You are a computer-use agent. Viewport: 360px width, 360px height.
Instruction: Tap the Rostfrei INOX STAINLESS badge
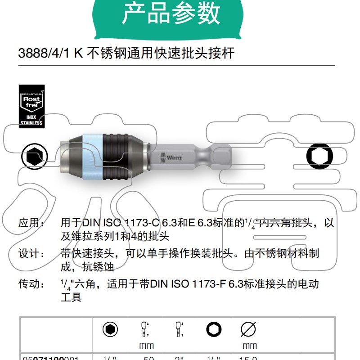pyautogui.click(x=31, y=106)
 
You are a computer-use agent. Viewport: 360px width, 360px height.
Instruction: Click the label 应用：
pyautogui.click(x=31, y=223)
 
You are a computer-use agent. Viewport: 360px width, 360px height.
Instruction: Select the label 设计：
pyautogui.click(x=31, y=254)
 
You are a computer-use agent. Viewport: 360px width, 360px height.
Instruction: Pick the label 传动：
pyautogui.click(x=31, y=284)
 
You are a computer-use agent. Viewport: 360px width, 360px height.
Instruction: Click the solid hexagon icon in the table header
pyautogui.click(x=110, y=330)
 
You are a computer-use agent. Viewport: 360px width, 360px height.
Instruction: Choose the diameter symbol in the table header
pyautogui.click(x=248, y=330)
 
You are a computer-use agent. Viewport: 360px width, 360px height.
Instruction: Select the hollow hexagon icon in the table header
pyautogui.click(x=214, y=330)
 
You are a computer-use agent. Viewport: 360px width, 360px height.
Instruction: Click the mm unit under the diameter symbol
pyautogui.click(x=249, y=346)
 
